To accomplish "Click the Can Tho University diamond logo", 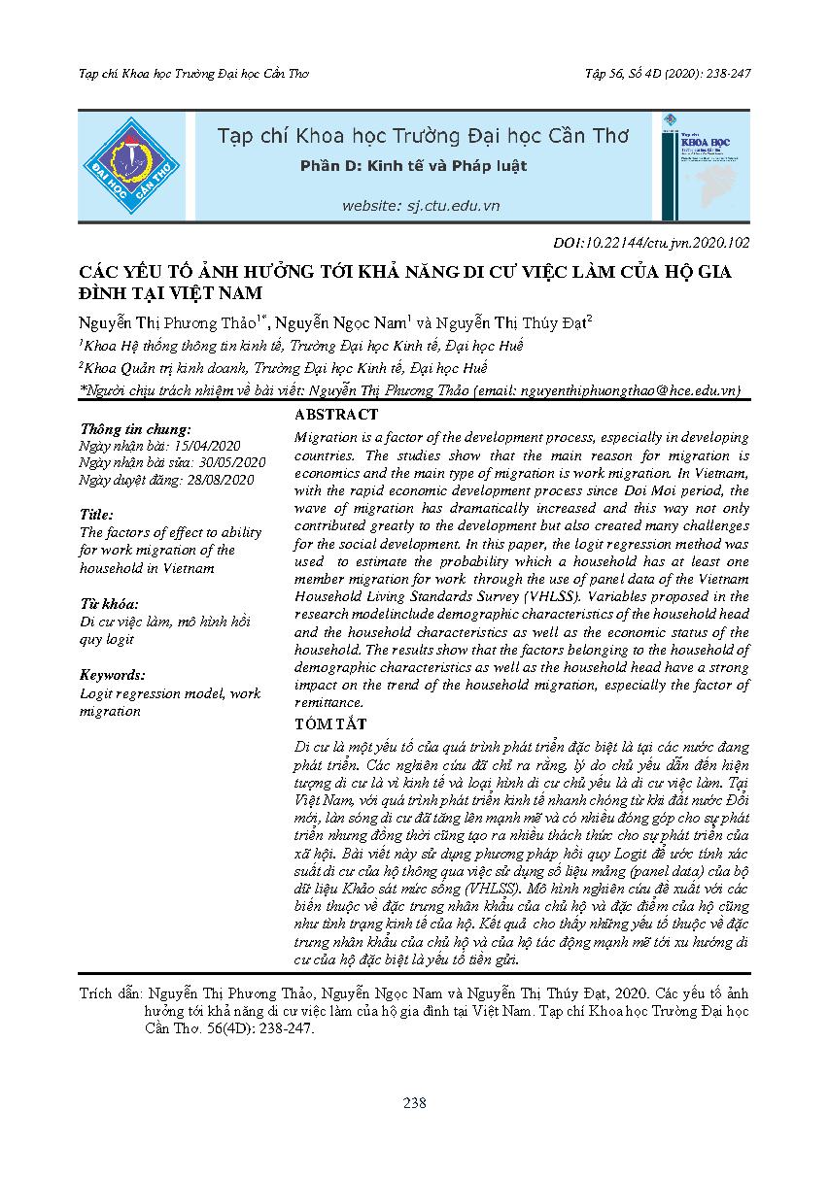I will pos(130,165).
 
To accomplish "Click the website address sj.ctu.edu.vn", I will pos(420,206).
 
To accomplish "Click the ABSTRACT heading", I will pos(335,415).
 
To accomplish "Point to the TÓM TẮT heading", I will pos(330,723).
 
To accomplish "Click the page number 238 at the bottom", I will pos(415,1102).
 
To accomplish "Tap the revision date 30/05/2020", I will pos(231,462).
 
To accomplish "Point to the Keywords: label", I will pos(113,675).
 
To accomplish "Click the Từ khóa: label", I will pos(109,603).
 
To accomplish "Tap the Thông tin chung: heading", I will pos(135,428).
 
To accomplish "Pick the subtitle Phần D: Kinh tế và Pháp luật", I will pos(413,166).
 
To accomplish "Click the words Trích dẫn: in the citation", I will pos(110,995).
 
